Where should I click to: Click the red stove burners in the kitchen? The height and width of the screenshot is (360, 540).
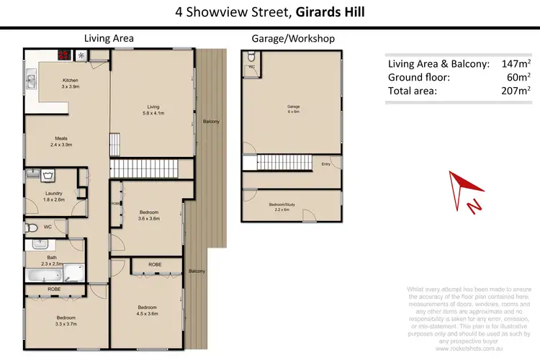click(x=63, y=54)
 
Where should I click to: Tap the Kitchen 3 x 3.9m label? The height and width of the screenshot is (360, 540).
click(x=70, y=83)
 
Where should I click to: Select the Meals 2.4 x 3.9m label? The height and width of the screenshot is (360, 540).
click(x=61, y=141)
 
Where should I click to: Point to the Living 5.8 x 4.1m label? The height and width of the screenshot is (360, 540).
click(x=152, y=109)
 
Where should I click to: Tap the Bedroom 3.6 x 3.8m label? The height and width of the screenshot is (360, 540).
click(x=148, y=215)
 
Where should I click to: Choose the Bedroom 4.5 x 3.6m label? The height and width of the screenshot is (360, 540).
click(x=148, y=310)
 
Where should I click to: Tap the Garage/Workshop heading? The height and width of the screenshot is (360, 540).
click(x=292, y=38)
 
